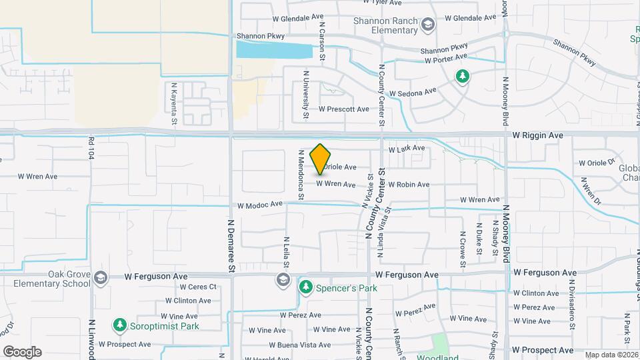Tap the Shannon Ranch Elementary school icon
point(427,25)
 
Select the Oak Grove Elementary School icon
point(101,278)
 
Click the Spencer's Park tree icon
point(306,287)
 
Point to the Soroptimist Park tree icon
point(120,325)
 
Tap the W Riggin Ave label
point(537,135)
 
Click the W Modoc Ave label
point(259,205)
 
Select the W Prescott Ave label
point(343,109)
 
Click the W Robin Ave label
point(408,185)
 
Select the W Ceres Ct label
point(189,287)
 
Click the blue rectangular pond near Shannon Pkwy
point(274,50)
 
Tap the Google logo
point(22,351)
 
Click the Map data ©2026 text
point(611,355)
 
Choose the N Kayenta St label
point(174,103)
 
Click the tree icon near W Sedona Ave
point(461,77)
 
